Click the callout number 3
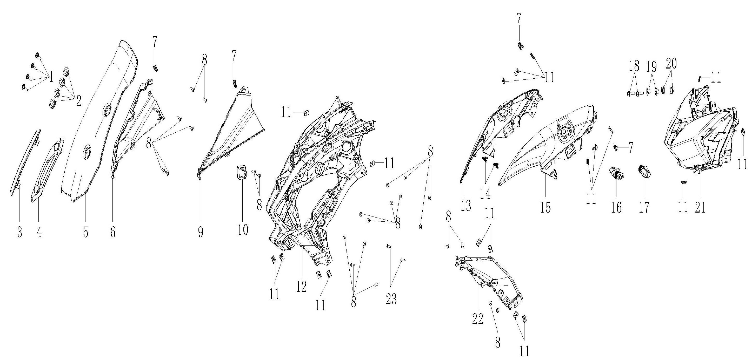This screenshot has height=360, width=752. (19, 233)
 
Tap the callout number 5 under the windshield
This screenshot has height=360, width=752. (85, 233)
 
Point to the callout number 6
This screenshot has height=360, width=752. (113, 233)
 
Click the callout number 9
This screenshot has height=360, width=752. (200, 233)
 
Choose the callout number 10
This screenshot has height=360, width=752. (243, 230)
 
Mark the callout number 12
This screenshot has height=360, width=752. (302, 286)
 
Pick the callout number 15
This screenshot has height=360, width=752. (545, 207)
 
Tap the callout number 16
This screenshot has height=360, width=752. (617, 207)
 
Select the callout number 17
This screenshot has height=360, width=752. (644, 207)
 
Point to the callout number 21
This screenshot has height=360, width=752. (700, 207)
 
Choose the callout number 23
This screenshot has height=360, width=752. (391, 299)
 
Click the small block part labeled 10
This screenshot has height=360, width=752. (241, 173)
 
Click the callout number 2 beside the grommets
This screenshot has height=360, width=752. (78, 101)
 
